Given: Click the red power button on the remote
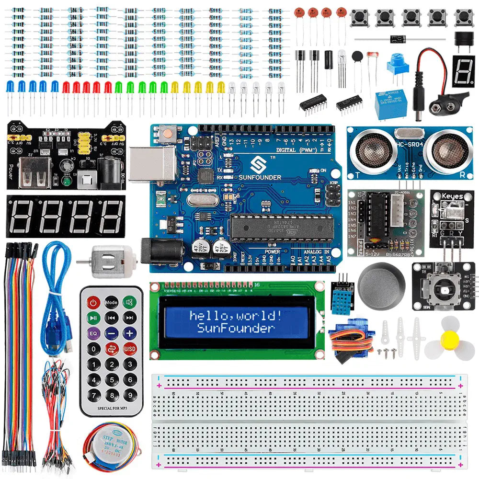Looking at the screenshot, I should [93, 302].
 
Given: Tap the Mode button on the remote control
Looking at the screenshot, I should [112, 302].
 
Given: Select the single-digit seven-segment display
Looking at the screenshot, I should [463, 71].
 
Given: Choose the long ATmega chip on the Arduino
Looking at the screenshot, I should [281, 226].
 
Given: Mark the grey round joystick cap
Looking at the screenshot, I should [381, 283].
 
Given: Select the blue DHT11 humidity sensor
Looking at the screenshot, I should [343, 294].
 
